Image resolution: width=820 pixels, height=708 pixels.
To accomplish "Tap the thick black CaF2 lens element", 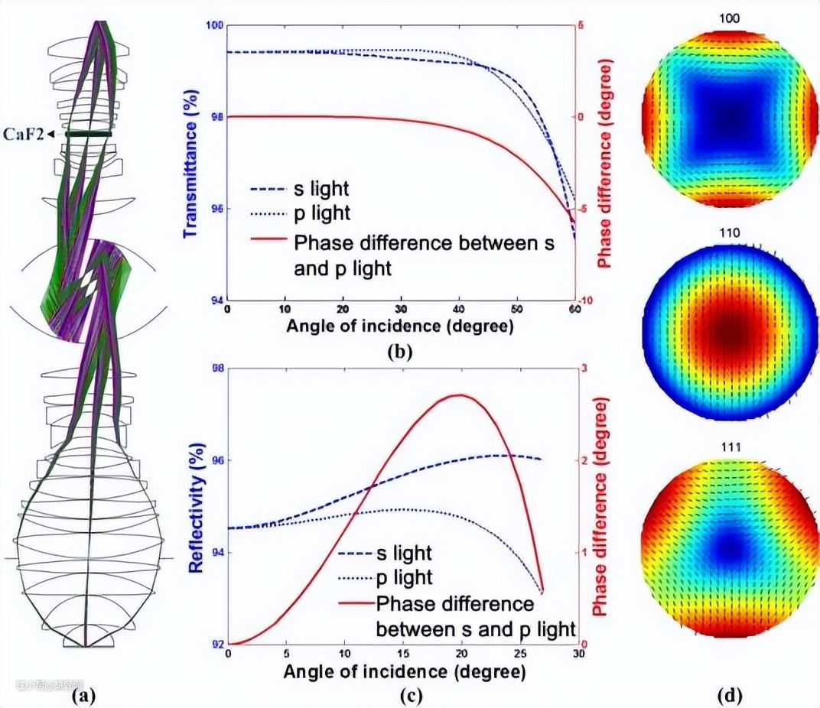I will [89, 135].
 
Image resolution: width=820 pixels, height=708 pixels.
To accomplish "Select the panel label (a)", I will [83, 695].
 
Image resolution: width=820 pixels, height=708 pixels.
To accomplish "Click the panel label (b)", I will [400, 352].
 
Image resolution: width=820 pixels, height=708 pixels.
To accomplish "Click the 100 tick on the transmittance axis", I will [214, 25].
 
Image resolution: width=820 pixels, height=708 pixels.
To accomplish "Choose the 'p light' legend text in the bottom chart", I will [405, 577].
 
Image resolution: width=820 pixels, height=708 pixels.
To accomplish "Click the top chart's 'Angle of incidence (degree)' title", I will [400, 326].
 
